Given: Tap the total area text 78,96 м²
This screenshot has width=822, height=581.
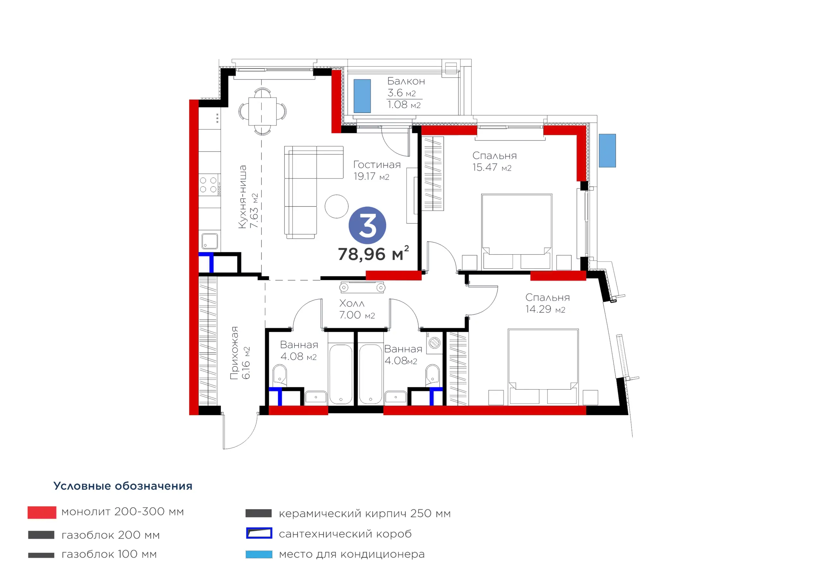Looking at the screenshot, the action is (x=373, y=254).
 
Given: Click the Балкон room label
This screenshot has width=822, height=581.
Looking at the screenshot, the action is (x=406, y=81).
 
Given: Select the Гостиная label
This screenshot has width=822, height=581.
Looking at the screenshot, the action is (x=377, y=165).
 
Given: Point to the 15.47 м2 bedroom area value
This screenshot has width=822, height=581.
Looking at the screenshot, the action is (x=492, y=167).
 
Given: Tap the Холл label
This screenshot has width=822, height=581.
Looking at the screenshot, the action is (x=352, y=303).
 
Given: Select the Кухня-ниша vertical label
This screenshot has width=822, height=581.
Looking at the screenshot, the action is (x=243, y=196).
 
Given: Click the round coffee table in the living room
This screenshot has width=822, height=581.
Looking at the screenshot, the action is (x=337, y=206).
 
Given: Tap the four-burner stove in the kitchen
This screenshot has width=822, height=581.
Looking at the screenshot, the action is (x=209, y=185).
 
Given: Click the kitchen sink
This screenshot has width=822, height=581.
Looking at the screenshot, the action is (x=209, y=241).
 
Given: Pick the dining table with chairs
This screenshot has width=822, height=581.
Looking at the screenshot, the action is (x=262, y=111).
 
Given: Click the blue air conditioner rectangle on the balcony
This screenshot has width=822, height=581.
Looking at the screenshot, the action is (x=362, y=96).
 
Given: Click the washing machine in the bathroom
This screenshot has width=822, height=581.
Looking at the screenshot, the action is (x=434, y=343).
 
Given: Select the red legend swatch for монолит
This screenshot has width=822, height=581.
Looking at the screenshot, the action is (x=42, y=512).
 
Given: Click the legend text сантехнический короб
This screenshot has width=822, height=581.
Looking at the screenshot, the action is (x=345, y=534).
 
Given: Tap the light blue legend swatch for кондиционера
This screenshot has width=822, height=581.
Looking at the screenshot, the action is (x=259, y=554).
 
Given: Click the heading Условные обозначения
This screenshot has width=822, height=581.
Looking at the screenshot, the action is (x=123, y=486).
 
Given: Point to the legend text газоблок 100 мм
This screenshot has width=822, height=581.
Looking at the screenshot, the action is (x=109, y=554).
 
